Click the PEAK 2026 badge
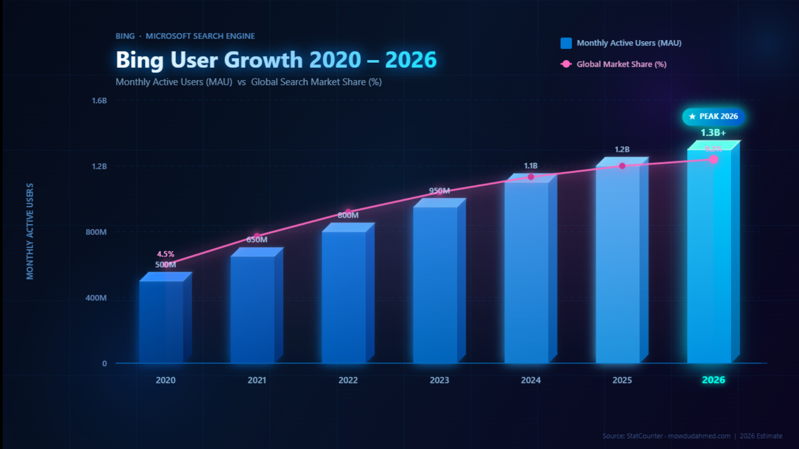click(x=714, y=117)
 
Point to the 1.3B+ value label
click(x=713, y=133)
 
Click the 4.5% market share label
click(x=165, y=254)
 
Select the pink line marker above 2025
click(x=622, y=166)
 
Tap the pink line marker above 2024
click(x=531, y=177)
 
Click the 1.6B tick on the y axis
click(x=99, y=100)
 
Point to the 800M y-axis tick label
click(x=96, y=232)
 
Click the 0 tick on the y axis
click(x=105, y=364)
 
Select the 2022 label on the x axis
click(x=348, y=380)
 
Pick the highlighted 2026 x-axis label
click(x=714, y=380)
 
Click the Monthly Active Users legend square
click(x=566, y=43)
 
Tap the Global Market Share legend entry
click(x=621, y=64)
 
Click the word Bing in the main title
click(x=139, y=60)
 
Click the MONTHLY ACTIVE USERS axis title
click(x=30, y=231)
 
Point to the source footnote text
click(x=692, y=436)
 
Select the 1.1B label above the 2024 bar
click(x=530, y=166)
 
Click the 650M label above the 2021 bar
click(x=257, y=240)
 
